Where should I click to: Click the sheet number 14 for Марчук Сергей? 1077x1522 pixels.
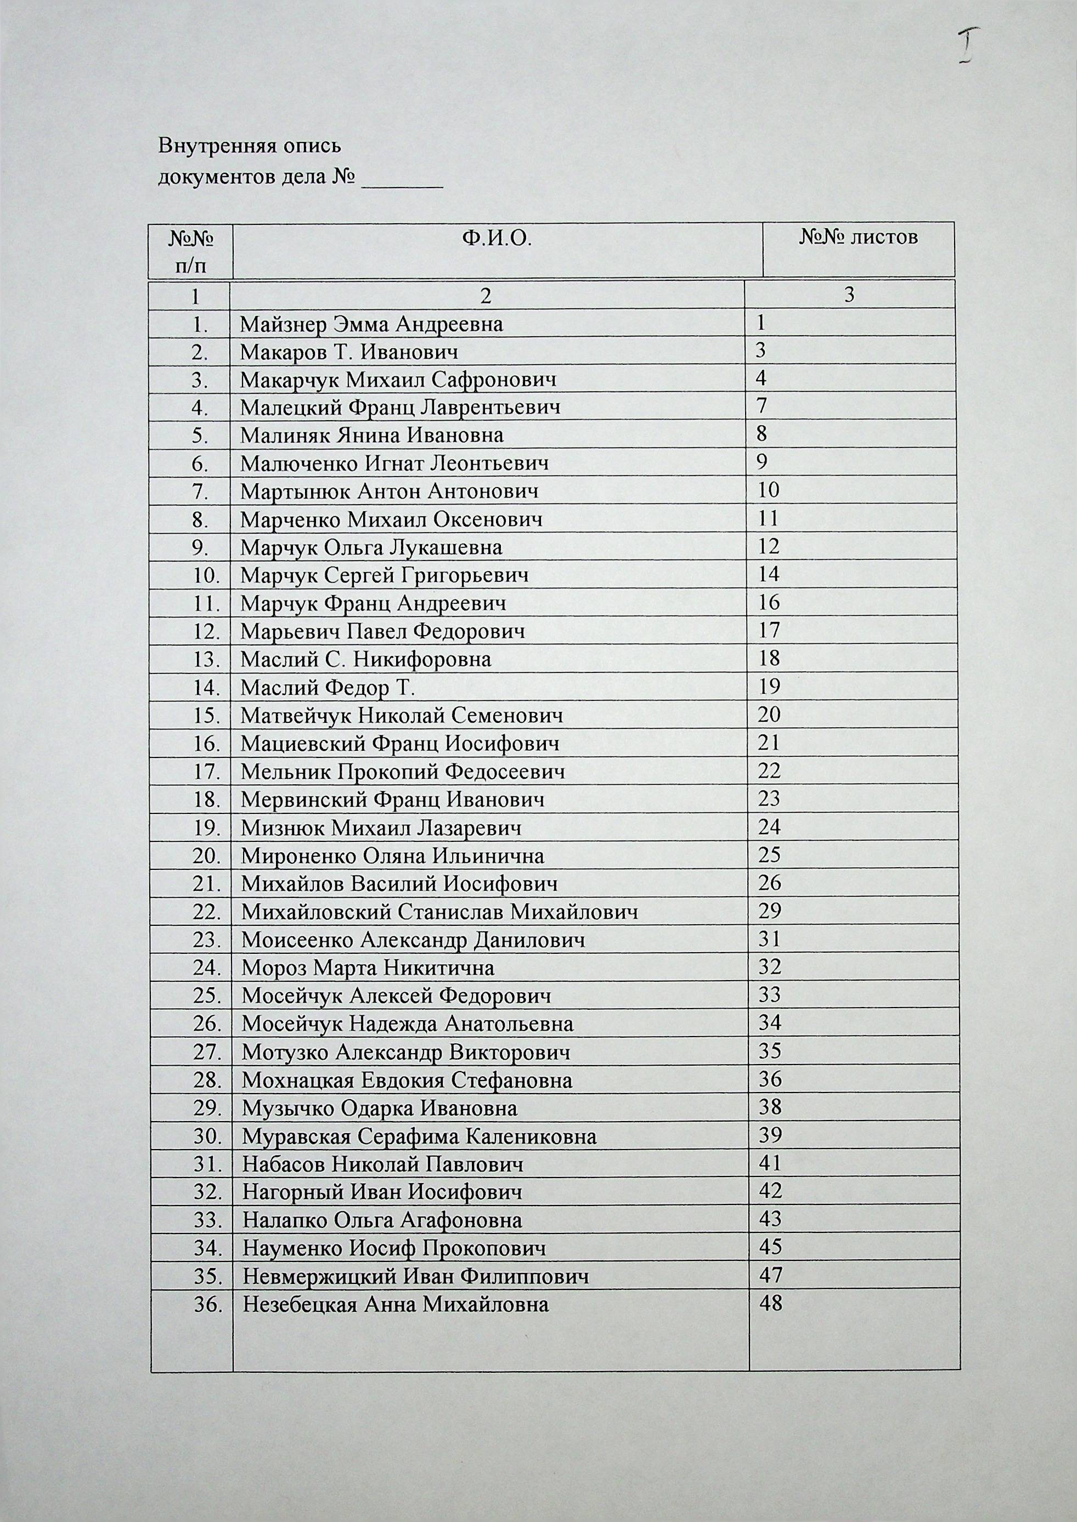pyautogui.click(x=769, y=574)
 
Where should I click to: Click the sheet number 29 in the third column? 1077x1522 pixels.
pyautogui.click(x=769, y=911)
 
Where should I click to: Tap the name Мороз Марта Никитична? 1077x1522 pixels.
pyautogui.click(x=368, y=968)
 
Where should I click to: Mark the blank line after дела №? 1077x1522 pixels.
pyautogui.click(x=402, y=179)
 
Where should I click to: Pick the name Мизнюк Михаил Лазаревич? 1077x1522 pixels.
pyautogui.click(x=381, y=827)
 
